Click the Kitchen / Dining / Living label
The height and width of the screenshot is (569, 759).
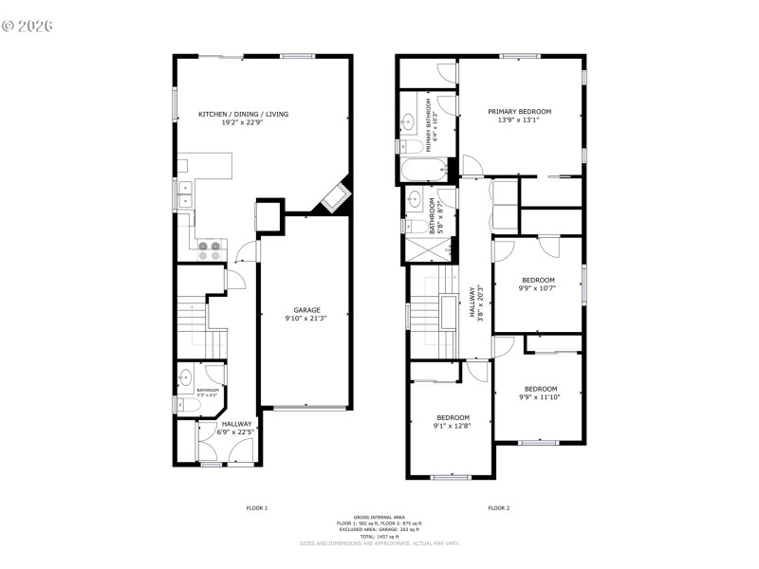click(x=243, y=114)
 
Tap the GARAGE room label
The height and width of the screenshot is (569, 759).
click(x=306, y=309)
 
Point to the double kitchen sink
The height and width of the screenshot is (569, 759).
click(x=183, y=193)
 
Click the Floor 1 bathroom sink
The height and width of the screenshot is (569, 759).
click(x=185, y=376)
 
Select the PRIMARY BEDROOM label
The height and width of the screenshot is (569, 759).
click(x=519, y=111)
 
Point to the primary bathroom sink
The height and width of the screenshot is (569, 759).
click(x=409, y=121)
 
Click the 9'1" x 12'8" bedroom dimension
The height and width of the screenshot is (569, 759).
click(x=453, y=427)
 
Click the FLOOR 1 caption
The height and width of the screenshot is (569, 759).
click(x=256, y=508)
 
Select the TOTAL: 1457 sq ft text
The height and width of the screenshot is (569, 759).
click(x=379, y=536)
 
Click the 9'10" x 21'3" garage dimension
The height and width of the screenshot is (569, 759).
click(x=306, y=320)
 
